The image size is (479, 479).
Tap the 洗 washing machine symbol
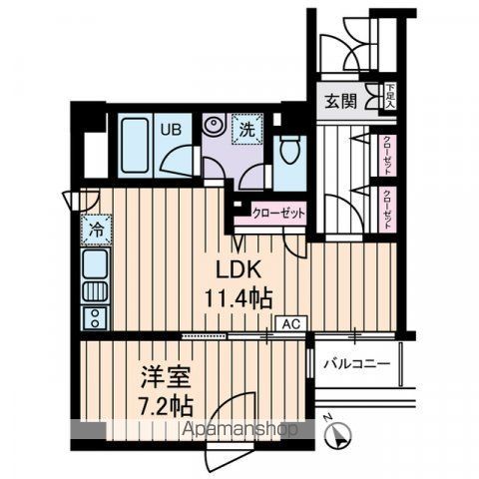pyautogui.click(x=244, y=128)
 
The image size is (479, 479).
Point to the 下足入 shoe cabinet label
pyautogui.click(x=390, y=95)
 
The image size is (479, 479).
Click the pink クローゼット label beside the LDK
pyautogui.click(x=277, y=213)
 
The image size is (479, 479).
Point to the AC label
pyautogui.click(x=291, y=324)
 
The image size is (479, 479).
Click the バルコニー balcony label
pyautogui.click(x=355, y=364)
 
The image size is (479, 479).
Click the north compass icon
pyautogui.click(x=340, y=435)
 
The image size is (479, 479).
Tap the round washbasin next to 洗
pyautogui.click(x=214, y=127)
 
